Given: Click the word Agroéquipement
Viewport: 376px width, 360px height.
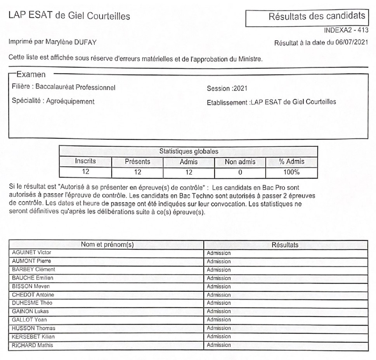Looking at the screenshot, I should coord(70,102).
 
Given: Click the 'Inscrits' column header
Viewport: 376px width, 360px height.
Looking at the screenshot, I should coord(85,160).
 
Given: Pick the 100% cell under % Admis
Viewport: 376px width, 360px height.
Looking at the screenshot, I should coord(292,170).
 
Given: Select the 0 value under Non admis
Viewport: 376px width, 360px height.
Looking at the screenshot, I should coord(240,170).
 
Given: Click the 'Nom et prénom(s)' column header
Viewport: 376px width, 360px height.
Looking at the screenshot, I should coord(107,245).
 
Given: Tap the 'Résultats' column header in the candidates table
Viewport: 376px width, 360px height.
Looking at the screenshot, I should coord(285,245).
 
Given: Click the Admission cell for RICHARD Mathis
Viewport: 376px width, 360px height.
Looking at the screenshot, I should coord(219,344).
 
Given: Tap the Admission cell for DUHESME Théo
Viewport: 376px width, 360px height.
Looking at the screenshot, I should coord(219,303).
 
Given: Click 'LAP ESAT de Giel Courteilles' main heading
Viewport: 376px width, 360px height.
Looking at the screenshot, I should coord(69,17).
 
